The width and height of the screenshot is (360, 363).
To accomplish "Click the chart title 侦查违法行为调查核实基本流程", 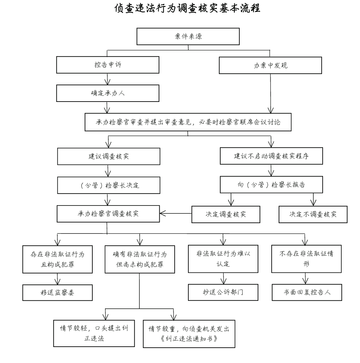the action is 187,9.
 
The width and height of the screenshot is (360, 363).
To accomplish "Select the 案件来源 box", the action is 188,37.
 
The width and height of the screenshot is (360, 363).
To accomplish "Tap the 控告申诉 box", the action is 108,65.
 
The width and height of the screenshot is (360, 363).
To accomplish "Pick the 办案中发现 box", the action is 270,65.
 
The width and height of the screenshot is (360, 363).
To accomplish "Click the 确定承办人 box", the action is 108,93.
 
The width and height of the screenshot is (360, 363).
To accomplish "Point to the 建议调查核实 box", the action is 109,157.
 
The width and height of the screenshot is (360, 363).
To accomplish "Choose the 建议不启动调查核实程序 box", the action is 271,156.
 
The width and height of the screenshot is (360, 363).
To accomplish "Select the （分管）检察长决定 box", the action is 109,185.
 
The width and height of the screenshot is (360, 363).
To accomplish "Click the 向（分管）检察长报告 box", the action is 271,185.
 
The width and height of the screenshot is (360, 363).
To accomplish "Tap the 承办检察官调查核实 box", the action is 108,214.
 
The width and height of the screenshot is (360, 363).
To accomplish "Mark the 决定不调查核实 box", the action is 313,214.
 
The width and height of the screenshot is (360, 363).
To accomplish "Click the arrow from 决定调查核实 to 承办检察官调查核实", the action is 176,213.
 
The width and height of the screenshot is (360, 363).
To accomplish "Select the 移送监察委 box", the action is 57,293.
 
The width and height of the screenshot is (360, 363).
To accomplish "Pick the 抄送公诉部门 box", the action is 223,292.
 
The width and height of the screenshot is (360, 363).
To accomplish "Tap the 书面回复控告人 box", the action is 307,292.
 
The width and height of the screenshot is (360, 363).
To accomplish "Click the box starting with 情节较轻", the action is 94,333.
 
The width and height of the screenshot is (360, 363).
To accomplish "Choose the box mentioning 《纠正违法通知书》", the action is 189,334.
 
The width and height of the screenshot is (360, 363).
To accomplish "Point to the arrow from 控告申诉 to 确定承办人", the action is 107,79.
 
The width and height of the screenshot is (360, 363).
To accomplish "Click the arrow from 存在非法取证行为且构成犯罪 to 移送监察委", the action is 57,279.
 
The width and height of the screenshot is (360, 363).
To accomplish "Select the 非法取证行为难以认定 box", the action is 223,259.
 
